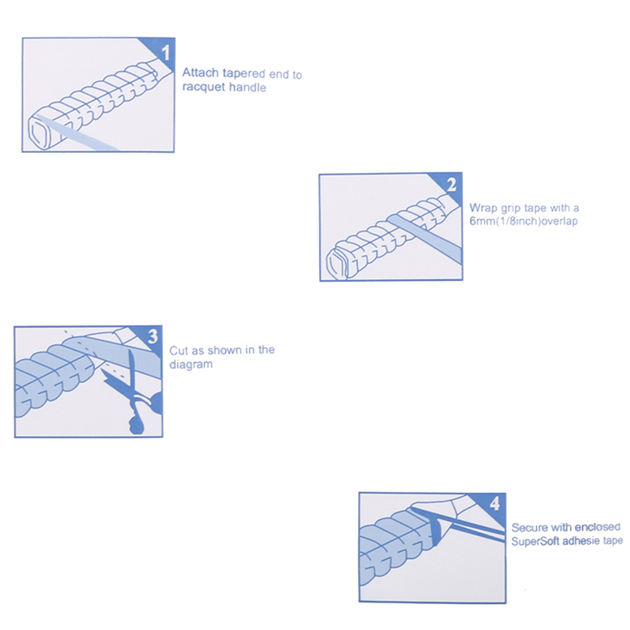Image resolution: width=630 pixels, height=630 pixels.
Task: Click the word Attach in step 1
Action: (x=201, y=73)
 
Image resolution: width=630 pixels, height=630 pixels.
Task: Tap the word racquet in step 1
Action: (x=204, y=87)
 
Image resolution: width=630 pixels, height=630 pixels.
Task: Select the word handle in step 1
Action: (x=248, y=87)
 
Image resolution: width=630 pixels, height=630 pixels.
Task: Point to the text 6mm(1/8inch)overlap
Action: (x=524, y=221)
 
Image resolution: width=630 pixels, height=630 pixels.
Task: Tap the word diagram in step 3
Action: (x=191, y=365)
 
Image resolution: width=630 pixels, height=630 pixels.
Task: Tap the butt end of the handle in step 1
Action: (x=39, y=133)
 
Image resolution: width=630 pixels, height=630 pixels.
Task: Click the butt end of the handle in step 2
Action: (x=336, y=263)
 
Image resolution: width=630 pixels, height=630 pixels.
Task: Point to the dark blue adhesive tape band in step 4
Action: (x=436, y=531)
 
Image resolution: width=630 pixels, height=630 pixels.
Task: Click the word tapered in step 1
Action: (x=244, y=74)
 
